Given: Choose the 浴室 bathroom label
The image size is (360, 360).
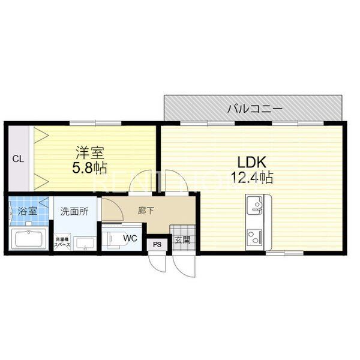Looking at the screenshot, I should point(27,211).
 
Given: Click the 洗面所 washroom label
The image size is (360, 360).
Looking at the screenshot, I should point(74,211).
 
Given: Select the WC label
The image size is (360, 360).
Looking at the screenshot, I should point(130,238).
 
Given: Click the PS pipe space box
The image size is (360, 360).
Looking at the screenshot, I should point(157,244).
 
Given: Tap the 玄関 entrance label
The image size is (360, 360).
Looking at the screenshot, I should point(182,239).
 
